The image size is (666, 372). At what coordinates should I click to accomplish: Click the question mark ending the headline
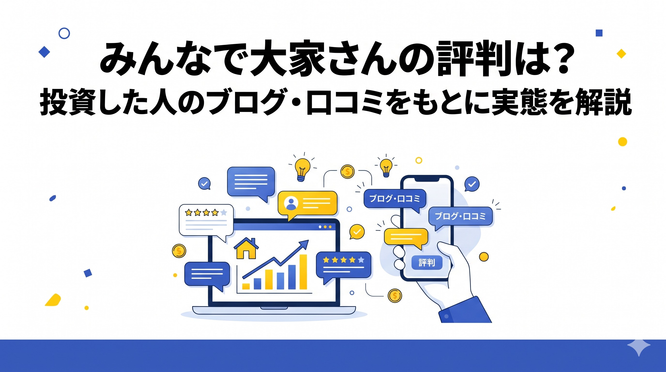pyautogui.click(x=563, y=58)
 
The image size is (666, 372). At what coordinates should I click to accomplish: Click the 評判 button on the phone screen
pyautogui.click(x=427, y=263)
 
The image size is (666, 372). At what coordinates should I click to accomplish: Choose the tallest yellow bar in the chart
pyautogui.click(x=303, y=272)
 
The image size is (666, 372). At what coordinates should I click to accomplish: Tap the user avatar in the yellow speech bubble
pyautogui.click(x=291, y=203)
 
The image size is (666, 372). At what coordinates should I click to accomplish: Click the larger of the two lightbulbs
pyautogui.click(x=302, y=170)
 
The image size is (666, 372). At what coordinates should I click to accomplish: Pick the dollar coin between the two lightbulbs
pyautogui.click(x=347, y=171)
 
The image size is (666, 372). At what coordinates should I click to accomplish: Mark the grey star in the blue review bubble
pyautogui.click(x=361, y=259)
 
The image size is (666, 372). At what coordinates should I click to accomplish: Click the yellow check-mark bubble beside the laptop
pyautogui.click(x=357, y=232)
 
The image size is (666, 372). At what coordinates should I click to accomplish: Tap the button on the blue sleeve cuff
pyautogui.click(x=446, y=316)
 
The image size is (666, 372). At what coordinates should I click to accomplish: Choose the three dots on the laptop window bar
pyautogui.click(x=325, y=227)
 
